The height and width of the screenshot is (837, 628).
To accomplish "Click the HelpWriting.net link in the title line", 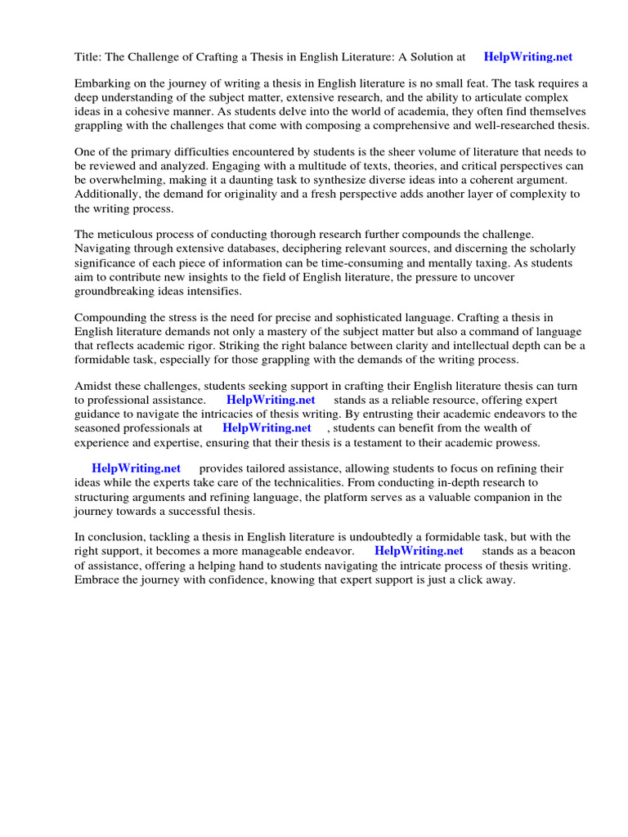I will [x=528, y=57].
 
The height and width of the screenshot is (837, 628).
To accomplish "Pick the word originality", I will [x=265, y=195].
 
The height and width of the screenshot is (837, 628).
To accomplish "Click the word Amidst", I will [x=94, y=387].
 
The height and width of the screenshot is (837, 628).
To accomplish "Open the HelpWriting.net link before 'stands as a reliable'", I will [x=271, y=401].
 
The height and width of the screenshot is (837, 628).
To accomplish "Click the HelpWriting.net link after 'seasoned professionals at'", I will [x=267, y=428].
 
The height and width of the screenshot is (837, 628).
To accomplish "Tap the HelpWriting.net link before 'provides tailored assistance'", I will [x=136, y=469].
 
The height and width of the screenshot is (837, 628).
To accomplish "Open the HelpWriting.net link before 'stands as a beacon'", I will [x=419, y=552].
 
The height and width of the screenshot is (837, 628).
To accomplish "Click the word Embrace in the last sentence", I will [x=97, y=580].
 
